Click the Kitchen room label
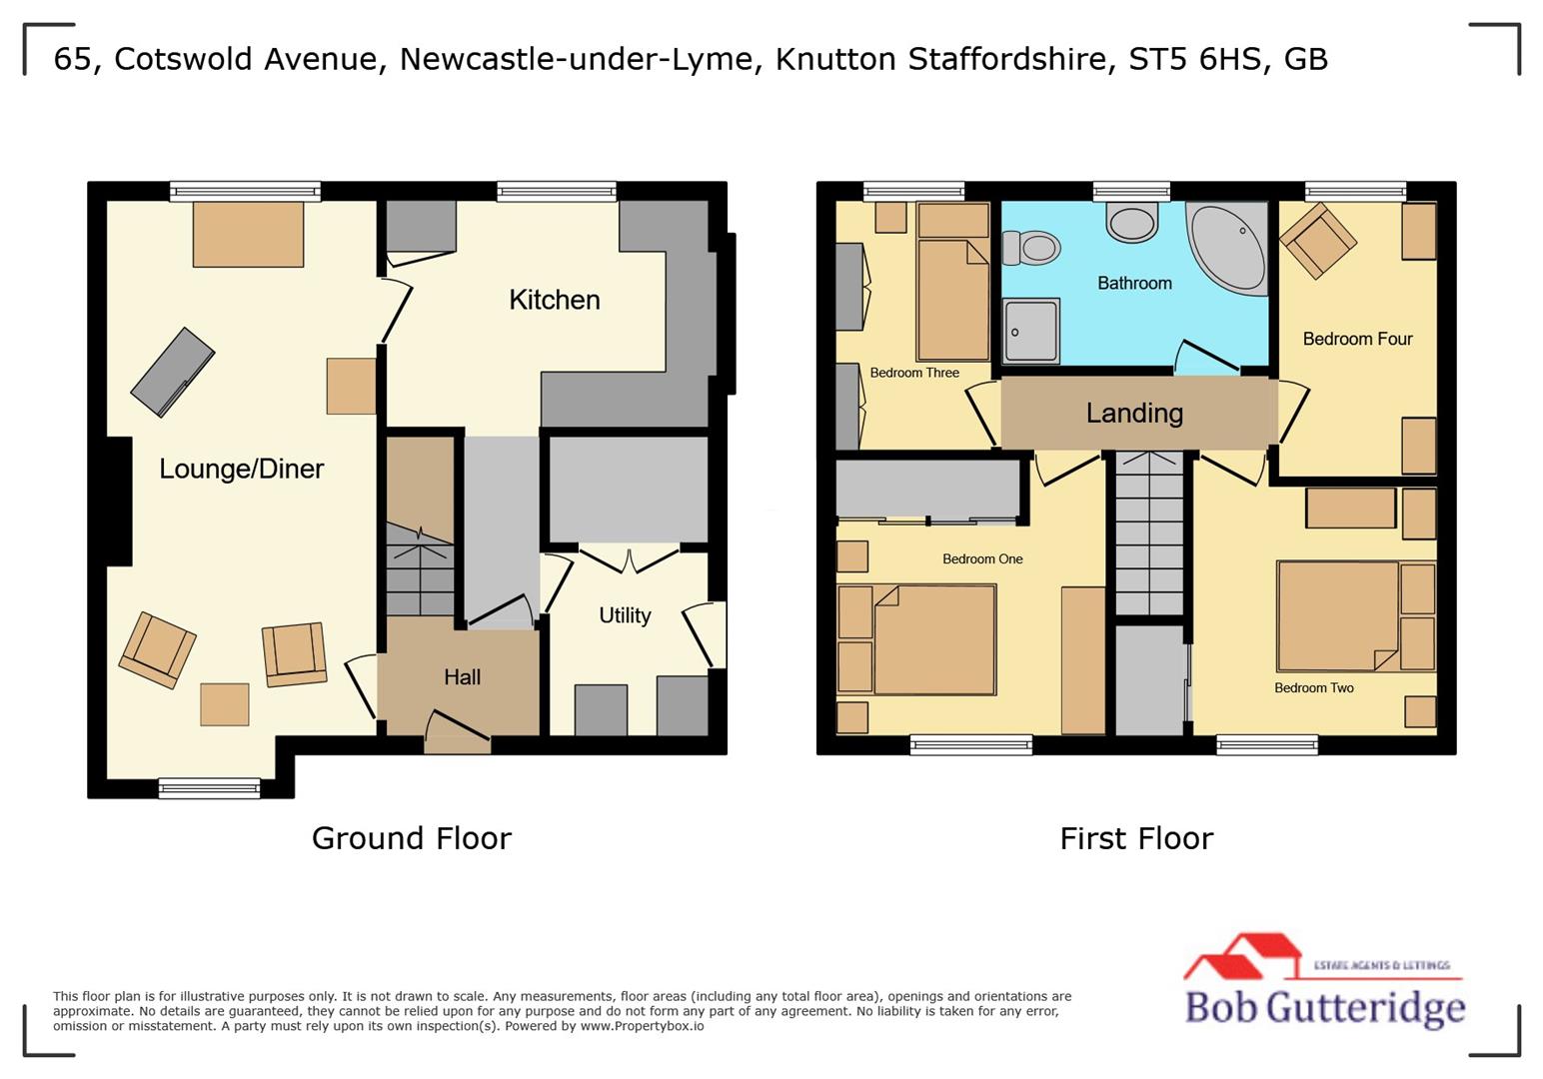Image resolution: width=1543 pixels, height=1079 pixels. [x=554, y=300]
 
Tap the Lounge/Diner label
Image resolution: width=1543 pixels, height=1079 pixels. [x=241, y=469]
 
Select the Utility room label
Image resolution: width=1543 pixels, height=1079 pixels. [x=625, y=615]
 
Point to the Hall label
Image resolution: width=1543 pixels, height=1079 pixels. [x=462, y=677]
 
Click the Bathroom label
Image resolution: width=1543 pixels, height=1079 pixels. [x=1134, y=284]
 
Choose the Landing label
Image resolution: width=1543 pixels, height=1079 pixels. [x=1134, y=413]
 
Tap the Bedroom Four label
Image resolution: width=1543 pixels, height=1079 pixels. [x=1357, y=340]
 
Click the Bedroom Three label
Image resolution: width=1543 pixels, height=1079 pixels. [x=913, y=373]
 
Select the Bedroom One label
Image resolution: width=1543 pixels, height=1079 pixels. [x=982, y=559]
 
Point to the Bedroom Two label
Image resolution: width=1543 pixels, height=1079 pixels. [x=1313, y=688]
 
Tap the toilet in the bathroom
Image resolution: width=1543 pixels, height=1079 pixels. [x=1031, y=247]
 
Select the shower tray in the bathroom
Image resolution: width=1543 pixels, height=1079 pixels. [x=1030, y=332]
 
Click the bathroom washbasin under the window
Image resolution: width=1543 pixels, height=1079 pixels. [x=1132, y=222]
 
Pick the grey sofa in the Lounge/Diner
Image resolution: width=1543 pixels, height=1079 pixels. [x=172, y=372]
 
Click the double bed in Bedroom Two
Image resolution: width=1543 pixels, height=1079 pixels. [x=1337, y=615]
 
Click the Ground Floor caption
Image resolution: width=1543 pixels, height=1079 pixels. [x=411, y=838]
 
